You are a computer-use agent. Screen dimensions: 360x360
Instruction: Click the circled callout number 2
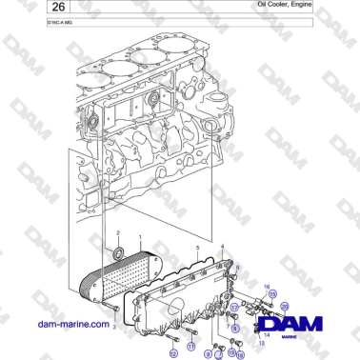point(118,233)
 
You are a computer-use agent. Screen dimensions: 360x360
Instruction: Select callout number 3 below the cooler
point(114,326)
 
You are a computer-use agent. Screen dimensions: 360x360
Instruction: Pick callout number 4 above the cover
point(223,247)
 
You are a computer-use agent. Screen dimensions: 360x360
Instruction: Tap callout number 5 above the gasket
point(196,247)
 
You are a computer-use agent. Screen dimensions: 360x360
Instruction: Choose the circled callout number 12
point(172,353)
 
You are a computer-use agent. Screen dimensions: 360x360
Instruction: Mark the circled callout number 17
point(233,308)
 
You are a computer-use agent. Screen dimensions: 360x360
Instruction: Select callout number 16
point(268,286)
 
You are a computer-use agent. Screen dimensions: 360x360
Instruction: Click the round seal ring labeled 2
point(118,253)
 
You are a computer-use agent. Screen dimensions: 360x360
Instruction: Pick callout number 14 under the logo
point(266,335)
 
